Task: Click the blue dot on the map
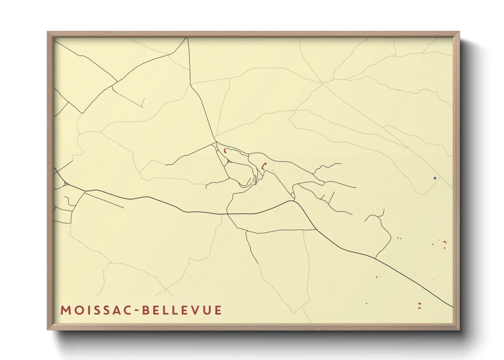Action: pyautogui.click(x=435, y=178)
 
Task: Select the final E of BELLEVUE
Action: pyautogui.click(x=218, y=310)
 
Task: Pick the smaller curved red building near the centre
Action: pyautogui.click(x=225, y=151)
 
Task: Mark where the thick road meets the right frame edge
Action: pyautogui.click(x=453, y=307)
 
